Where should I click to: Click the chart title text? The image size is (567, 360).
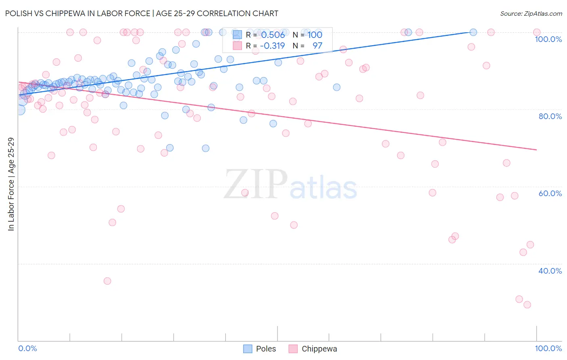coord(142,13)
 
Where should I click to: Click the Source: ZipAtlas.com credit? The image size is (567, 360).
coord(531,13)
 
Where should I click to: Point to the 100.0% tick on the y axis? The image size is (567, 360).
coord(548,39)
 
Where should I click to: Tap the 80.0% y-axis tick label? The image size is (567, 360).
coord(550,116)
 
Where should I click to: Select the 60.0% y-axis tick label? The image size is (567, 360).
coord(550,193)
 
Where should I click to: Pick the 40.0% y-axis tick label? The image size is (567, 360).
coord(550,271)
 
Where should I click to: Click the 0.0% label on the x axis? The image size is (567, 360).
coord(27,348)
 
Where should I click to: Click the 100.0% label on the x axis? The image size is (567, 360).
coord(548,348)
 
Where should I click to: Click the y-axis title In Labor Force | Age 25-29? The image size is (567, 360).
coord(11,184)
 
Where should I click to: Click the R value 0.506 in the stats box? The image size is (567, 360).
coord(273,35)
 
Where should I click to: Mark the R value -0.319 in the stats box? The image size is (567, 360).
coord(272,46)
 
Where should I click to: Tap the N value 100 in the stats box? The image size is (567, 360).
coord(315,35)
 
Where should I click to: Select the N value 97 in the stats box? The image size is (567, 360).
coord(317,46)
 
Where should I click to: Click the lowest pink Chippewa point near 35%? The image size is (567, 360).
coord(107,281)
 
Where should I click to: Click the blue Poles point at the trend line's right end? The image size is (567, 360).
coord(473,32)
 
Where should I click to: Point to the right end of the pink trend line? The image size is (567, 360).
coord(536,150)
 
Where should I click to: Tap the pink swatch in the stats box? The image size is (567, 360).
coord(238,46)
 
